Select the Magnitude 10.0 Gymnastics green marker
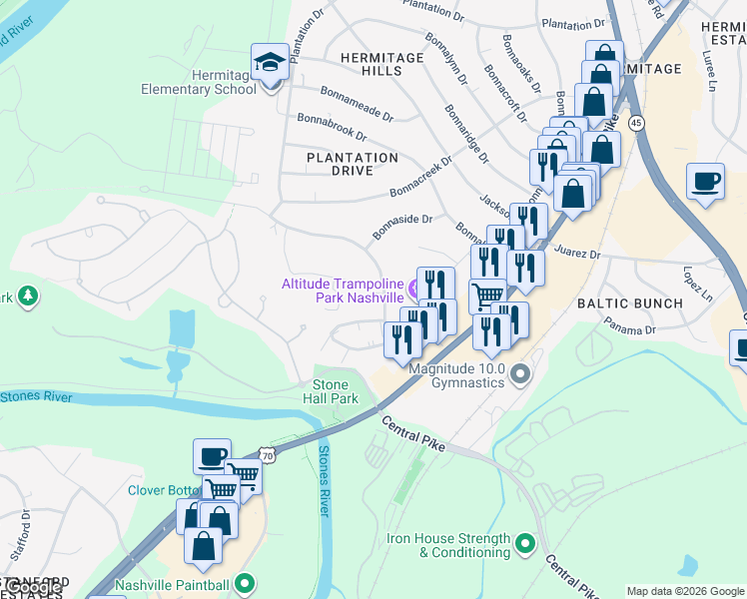519,376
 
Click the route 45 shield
637,122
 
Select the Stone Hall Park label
331,391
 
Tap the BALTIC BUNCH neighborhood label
630,302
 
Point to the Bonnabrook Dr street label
332,126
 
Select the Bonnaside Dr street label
402,227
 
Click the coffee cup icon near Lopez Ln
706,182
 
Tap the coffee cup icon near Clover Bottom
212,456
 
